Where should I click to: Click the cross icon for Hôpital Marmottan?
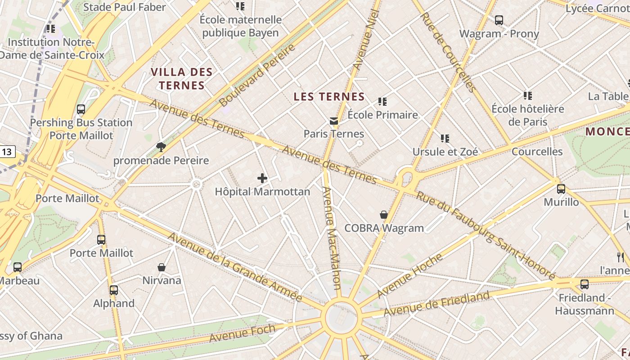262,179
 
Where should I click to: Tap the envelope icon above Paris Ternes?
333,121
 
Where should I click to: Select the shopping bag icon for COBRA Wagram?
384,215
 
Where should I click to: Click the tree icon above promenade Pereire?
161,147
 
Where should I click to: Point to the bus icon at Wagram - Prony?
499,20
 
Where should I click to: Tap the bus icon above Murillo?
561,189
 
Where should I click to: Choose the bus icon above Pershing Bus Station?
81,109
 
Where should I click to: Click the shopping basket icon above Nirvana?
162,267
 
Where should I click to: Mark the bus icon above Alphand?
114,290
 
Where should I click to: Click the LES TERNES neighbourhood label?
329,97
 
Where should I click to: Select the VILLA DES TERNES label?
181,79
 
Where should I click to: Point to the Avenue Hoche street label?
409,275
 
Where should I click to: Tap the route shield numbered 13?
7,152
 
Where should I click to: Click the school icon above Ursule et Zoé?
445,139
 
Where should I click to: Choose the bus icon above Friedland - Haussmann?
584,284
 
